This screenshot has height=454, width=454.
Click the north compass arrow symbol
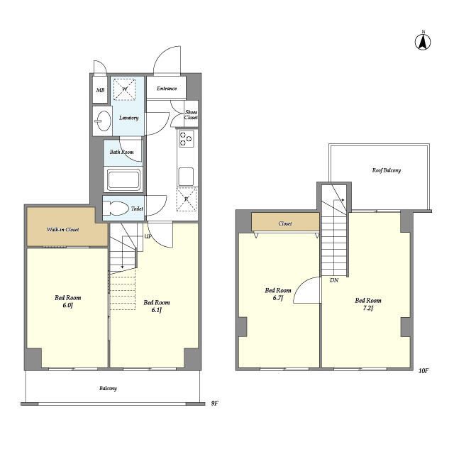[x=423, y=42]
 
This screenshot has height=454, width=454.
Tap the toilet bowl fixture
[x=116, y=208]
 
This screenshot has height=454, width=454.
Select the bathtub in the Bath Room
[x=123, y=179]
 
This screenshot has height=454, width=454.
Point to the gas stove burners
[x=186, y=139]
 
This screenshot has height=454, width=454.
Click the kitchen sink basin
[x=186, y=177]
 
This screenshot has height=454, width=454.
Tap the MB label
[x=100, y=90]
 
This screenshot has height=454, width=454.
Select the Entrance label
[x=167, y=88]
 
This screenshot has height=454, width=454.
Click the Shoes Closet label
[x=191, y=115]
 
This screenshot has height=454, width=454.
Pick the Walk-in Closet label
[x=63, y=230]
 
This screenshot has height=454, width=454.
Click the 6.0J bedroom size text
[x=68, y=305]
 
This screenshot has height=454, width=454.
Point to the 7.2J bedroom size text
[x=368, y=308]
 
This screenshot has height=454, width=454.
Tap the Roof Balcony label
[x=387, y=170]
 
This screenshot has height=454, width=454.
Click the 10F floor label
[x=423, y=370]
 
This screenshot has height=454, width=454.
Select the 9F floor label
[x=214, y=403]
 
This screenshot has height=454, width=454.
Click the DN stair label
[x=334, y=280]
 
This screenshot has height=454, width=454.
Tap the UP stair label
[x=148, y=236]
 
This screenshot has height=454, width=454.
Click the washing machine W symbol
[x=125, y=89]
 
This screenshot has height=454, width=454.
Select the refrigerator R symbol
[x=187, y=199]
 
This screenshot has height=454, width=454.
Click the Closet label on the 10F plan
[x=285, y=223]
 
